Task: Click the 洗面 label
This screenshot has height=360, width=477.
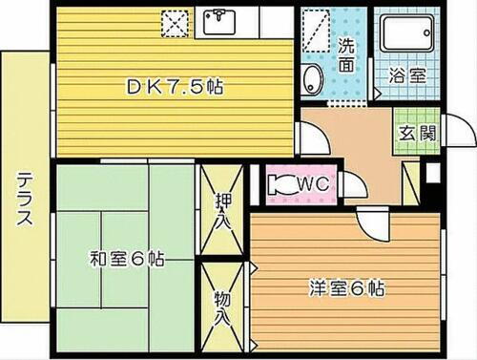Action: [348, 56]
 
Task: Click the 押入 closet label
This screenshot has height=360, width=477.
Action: [222, 209]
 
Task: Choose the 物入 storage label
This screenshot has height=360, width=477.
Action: [222, 306]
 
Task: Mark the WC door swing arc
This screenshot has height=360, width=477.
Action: [351, 186]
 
